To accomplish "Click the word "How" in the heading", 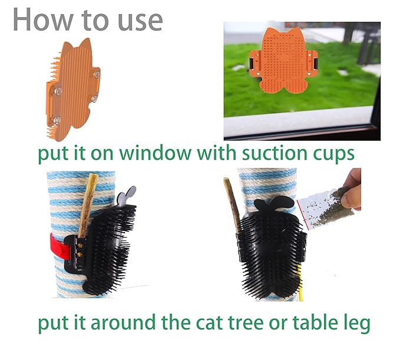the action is (43, 20).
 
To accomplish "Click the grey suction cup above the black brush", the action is (127, 195).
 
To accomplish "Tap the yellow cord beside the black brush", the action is (300, 283).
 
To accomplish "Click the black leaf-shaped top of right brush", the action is (275, 204).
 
